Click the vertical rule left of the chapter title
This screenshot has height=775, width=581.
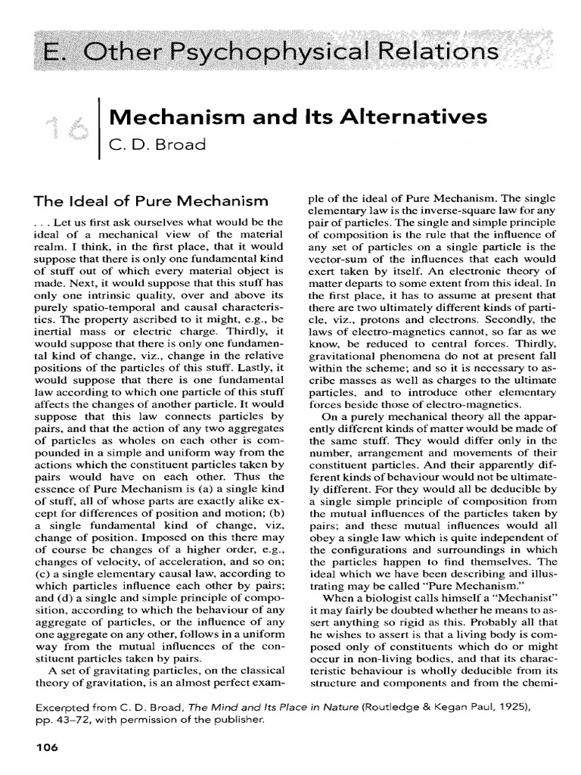coord(101,129)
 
